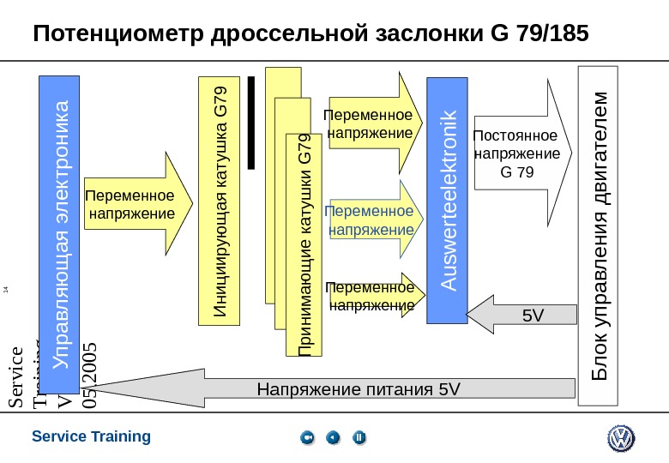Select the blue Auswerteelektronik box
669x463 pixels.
click(449, 201)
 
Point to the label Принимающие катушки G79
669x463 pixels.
click(304, 244)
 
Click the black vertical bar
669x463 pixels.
click(251, 122)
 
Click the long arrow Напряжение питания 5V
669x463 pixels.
click(343, 390)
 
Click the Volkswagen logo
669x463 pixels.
click(620, 439)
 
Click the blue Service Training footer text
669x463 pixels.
click(91, 436)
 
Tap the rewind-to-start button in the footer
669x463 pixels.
click(308, 439)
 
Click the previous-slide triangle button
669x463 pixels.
click(334, 439)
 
